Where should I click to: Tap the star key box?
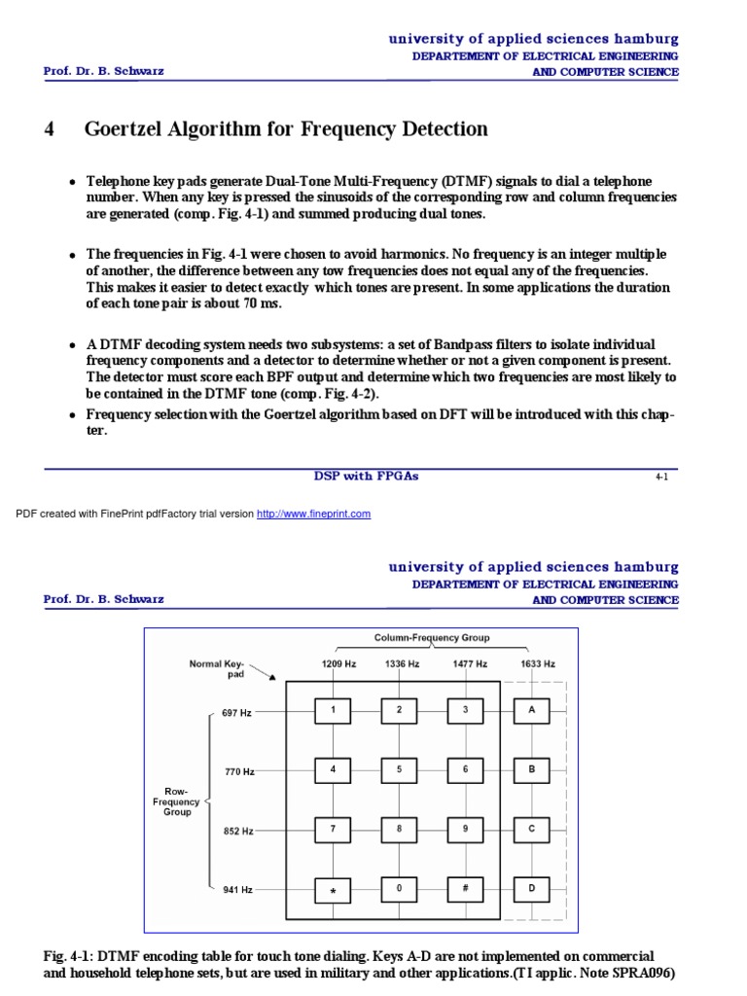tap(333, 890)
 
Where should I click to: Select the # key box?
tap(465, 890)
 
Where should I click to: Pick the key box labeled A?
tap(531, 711)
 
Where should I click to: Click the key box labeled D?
tap(531, 890)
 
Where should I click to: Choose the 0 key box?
tap(399, 890)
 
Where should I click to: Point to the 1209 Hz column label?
tap(333, 663)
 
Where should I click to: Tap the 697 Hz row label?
tap(236, 713)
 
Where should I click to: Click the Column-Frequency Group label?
tap(432, 638)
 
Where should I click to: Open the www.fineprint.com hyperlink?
tap(313, 514)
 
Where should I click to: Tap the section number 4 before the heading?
tap(49, 129)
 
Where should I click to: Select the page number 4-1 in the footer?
tap(661, 478)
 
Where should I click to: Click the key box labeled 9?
tap(465, 830)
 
